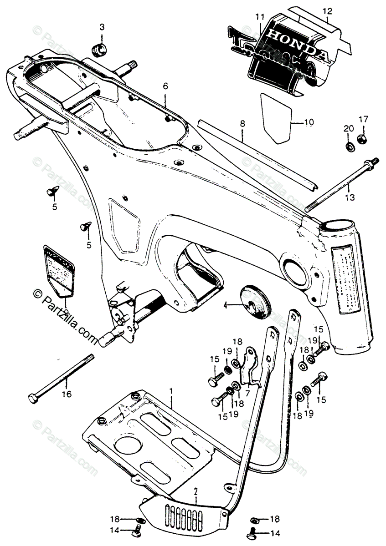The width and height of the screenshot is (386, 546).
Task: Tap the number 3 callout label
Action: coord(102,27)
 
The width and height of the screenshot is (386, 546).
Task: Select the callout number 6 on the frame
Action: coord(153,86)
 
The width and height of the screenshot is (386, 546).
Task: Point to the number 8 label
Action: coord(242,123)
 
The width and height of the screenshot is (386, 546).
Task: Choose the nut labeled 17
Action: coord(362,138)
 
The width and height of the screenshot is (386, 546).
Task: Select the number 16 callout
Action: coord(67,394)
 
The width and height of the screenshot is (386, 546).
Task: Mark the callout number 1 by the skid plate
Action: coord(171,391)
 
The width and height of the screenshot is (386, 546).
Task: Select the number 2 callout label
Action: coord(196,491)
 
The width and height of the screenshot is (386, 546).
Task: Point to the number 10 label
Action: coord(309,122)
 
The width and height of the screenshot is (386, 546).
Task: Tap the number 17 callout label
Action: coord(363,120)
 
